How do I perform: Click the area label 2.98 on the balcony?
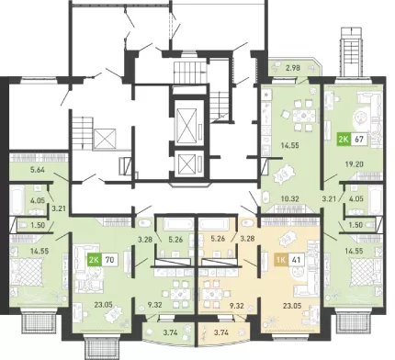(x=292, y=68)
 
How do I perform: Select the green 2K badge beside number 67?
(x=344, y=140)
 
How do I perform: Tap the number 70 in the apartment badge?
(x=109, y=260)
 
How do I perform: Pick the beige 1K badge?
(x=281, y=260)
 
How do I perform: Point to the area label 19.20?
(x=355, y=164)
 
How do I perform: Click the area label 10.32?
(x=290, y=198)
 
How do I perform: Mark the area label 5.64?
(x=38, y=169)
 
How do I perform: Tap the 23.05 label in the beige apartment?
(x=293, y=305)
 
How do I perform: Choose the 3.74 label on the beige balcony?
(x=221, y=332)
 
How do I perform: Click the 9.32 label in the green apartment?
(x=153, y=305)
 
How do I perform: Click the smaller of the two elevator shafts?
(x=186, y=163)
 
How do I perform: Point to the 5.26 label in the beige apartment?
(x=219, y=239)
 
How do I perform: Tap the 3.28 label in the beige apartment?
(x=247, y=239)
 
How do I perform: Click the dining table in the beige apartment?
(x=212, y=295)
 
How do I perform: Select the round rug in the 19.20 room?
(x=362, y=117)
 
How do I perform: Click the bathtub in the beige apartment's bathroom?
(x=213, y=224)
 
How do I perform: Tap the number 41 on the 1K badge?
(x=296, y=260)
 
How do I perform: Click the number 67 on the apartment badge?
(x=359, y=140)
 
